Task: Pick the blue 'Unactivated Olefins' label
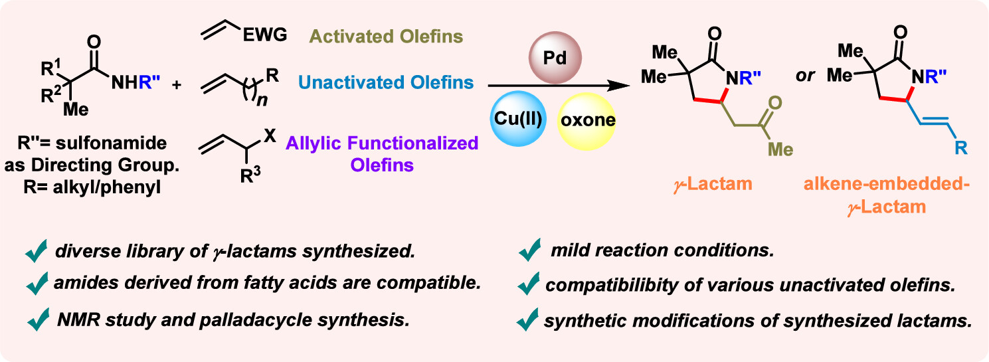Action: (x=386, y=82)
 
